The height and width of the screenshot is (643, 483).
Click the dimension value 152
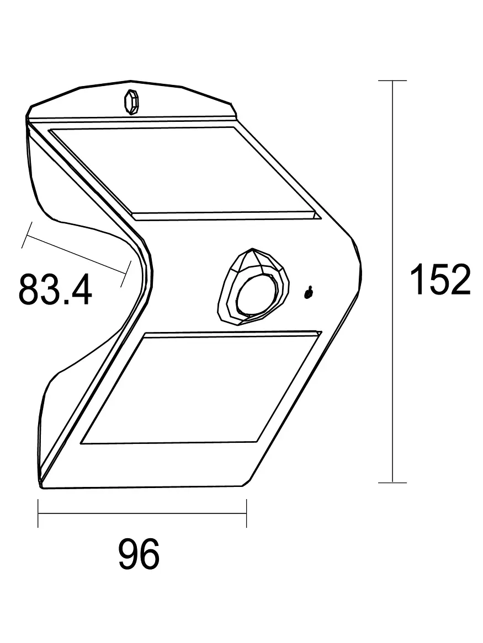439,280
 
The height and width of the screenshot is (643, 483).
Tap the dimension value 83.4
55,289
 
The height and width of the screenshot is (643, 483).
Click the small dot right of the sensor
309,292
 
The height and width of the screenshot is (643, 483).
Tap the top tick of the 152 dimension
392,81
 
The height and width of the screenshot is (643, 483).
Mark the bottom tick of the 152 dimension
392,483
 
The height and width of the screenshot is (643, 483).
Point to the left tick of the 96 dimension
38,513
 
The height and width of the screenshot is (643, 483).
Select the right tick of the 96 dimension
246,513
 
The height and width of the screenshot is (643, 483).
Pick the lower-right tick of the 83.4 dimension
125,274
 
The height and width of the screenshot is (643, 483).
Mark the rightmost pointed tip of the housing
363,270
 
